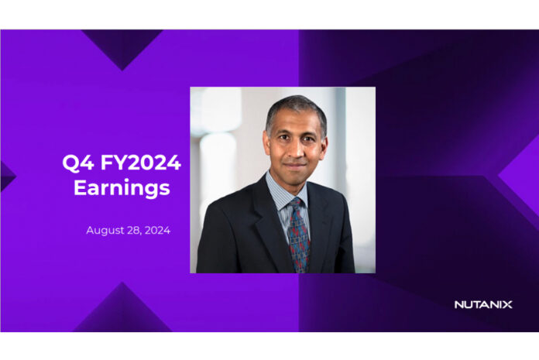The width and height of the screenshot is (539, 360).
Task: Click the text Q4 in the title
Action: [78, 163]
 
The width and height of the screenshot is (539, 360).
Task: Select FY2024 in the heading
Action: [141, 162]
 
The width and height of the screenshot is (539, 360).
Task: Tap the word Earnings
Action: [122, 188]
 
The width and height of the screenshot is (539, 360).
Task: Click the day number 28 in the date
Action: [134, 230]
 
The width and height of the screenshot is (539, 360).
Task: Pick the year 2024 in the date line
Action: [157, 230]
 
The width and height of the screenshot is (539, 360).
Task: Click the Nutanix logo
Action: [483, 304]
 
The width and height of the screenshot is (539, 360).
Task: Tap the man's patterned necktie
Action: [298, 236]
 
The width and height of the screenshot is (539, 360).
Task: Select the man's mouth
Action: [295, 165]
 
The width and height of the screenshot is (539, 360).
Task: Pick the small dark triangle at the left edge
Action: [7, 177]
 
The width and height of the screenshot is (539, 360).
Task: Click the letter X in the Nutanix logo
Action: [507, 304]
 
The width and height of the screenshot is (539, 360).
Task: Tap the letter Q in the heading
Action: [70, 163]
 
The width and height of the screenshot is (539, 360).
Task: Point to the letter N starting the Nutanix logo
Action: [459, 304]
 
